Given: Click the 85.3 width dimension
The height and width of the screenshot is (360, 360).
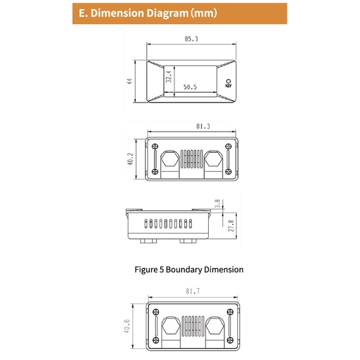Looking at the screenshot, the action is tap(191, 39).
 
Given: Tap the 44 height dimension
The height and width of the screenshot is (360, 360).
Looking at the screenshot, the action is tap(130, 81).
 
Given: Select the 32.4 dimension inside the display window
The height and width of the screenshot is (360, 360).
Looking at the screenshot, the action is tap(169, 77).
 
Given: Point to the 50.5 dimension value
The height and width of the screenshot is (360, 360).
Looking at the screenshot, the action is tap(190, 87).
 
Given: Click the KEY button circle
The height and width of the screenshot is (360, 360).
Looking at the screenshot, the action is tap(228, 81).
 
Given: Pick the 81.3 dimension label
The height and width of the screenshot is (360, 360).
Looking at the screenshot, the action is tap(203, 126).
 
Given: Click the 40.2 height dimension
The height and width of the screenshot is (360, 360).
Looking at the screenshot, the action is tap(130, 159).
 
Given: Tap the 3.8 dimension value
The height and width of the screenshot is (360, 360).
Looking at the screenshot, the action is tap(217, 204).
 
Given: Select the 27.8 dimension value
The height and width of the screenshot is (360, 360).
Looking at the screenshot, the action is tap(231, 226).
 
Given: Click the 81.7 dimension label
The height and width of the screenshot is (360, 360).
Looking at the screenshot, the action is tap(193, 291).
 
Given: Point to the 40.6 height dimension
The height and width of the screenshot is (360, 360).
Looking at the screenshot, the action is tap(126, 326).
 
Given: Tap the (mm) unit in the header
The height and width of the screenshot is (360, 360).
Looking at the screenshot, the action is tap(204, 13).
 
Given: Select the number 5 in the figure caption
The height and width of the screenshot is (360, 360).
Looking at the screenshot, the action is tap(162, 270).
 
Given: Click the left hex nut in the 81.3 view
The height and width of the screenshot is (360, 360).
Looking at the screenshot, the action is tap(170, 160).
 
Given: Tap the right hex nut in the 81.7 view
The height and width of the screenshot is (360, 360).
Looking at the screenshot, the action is tap(215, 326).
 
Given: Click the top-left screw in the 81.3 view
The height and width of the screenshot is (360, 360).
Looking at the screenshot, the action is tap(155, 146).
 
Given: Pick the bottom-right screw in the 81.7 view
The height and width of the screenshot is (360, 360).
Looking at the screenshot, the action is tap(230, 340).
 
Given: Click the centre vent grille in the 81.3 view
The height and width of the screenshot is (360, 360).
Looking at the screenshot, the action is tap(192, 159).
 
